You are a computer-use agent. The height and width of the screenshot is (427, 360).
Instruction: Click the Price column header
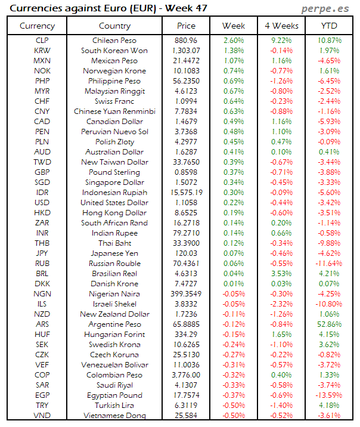tap(186, 26)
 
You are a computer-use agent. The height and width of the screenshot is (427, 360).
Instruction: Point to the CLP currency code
tap(42, 40)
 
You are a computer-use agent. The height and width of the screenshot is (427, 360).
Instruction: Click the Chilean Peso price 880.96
tap(187, 40)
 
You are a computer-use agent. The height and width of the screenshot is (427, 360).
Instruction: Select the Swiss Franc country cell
tap(114, 101)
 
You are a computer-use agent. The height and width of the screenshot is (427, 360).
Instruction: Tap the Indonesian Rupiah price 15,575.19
tap(187, 193)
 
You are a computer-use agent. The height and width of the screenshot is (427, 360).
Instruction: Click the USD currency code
tap(42, 203)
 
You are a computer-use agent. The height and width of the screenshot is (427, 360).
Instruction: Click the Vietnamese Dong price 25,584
tap(187, 416)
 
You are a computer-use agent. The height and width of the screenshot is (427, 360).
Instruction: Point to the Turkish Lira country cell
tap(114, 406)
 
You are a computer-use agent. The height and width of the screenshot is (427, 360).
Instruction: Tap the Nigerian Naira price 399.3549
tap(187, 294)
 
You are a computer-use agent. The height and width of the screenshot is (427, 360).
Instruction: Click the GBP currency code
tap(42, 172)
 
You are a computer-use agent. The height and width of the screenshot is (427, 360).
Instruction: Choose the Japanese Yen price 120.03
tap(187, 253)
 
